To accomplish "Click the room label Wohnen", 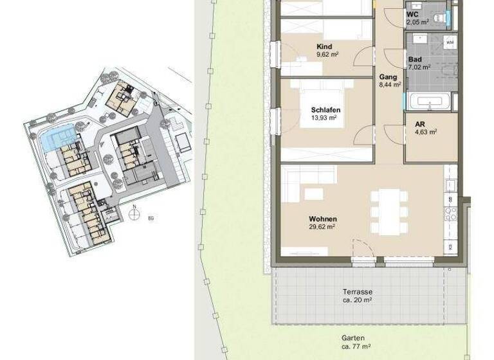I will [x=322, y=219].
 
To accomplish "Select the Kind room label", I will [x=324, y=47].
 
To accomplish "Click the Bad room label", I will [x=415, y=60].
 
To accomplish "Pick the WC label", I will [x=413, y=14].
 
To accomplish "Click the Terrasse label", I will [x=357, y=291].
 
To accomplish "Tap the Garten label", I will [x=354, y=338].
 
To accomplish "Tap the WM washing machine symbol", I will [x=450, y=42].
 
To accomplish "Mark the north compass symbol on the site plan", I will [x=133, y=214].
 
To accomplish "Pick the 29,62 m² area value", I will [x=322, y=227].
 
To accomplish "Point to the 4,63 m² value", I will [x=425, y=132].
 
